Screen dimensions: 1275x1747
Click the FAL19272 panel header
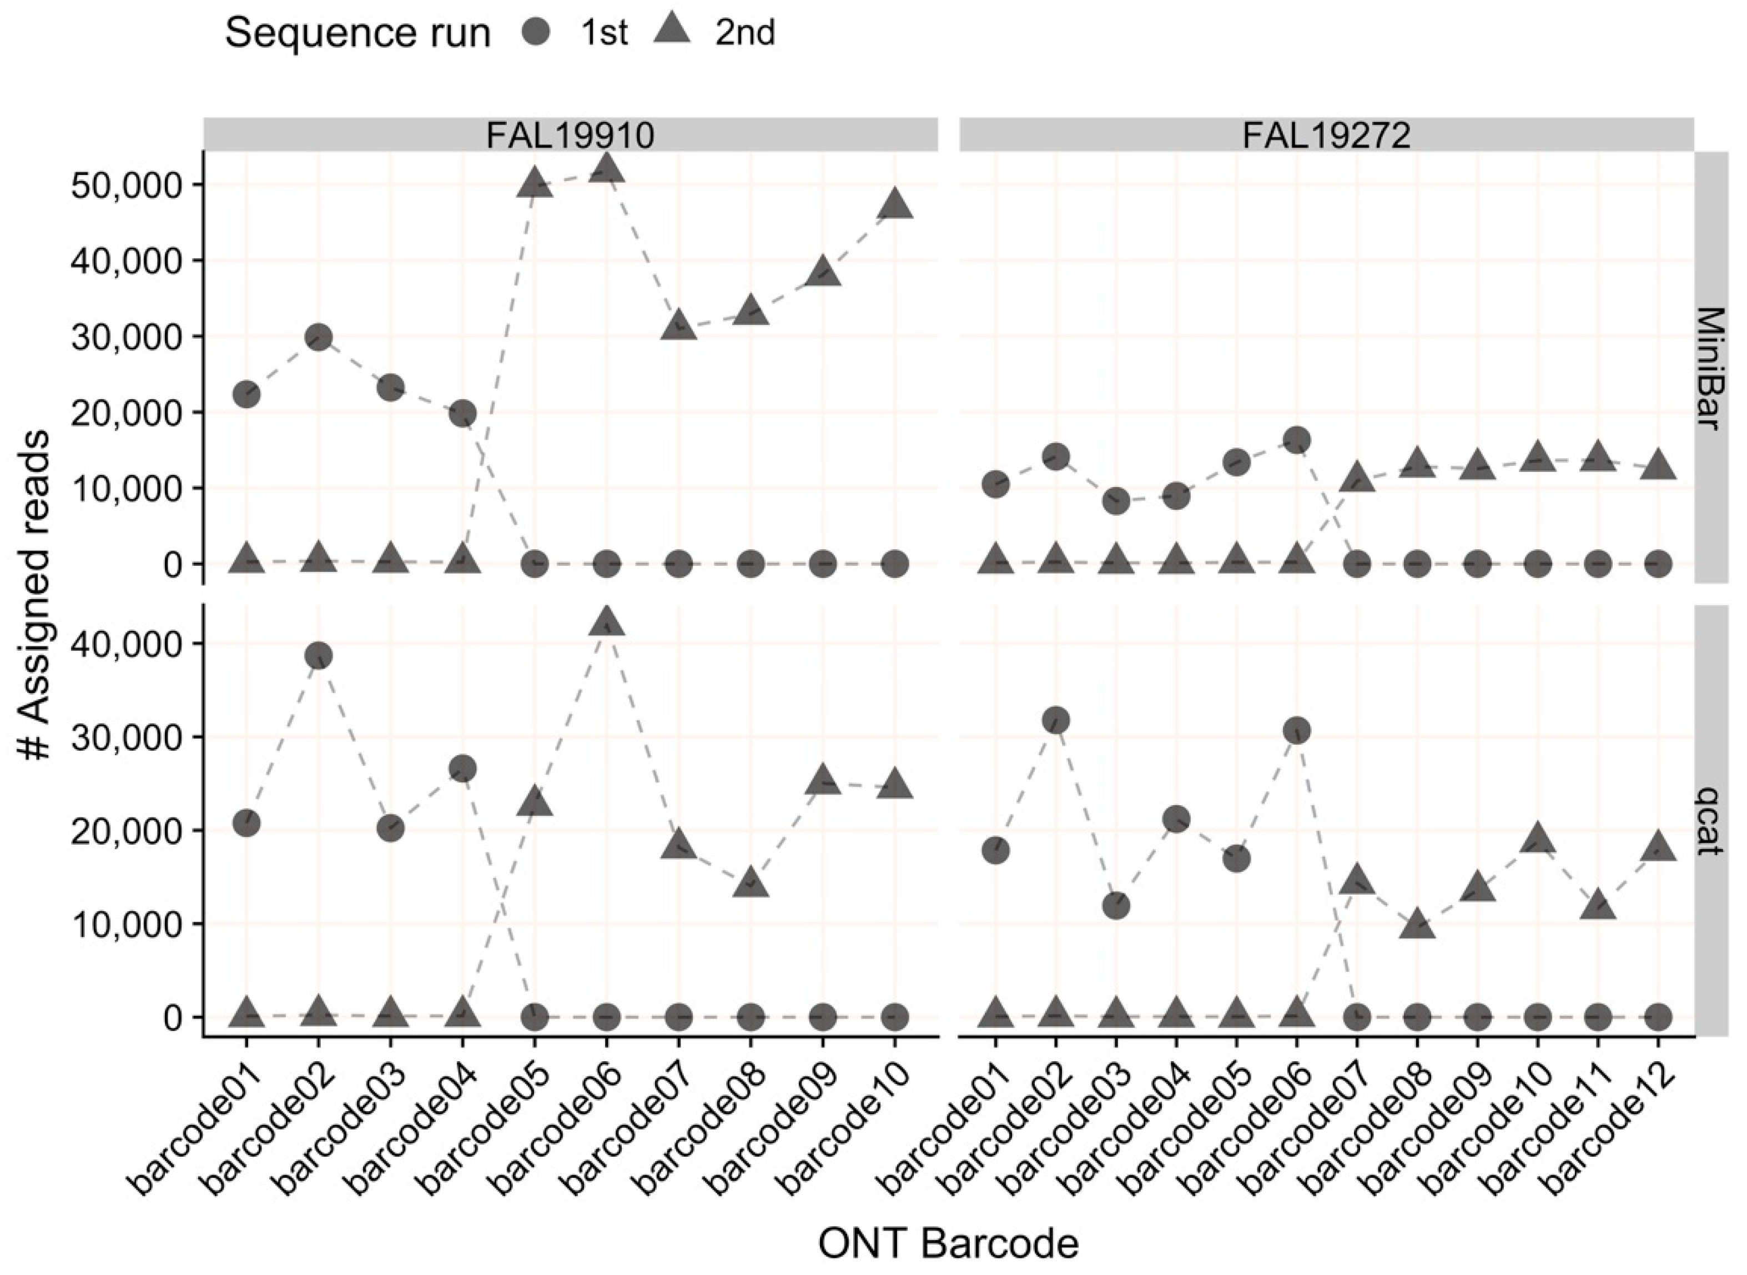(1326, 135)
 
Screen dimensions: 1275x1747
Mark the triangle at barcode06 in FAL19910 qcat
(607, 622)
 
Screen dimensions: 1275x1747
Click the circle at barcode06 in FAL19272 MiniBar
(1296, 440)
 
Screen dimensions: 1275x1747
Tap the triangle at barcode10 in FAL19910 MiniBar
(894, 204)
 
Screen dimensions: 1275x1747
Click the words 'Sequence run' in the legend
(358, 34)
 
